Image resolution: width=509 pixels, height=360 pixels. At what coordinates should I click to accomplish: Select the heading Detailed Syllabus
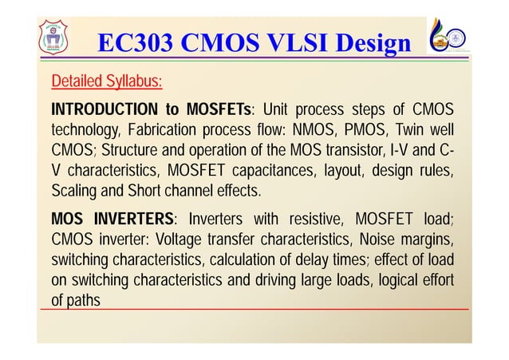(x=107, y=81)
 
